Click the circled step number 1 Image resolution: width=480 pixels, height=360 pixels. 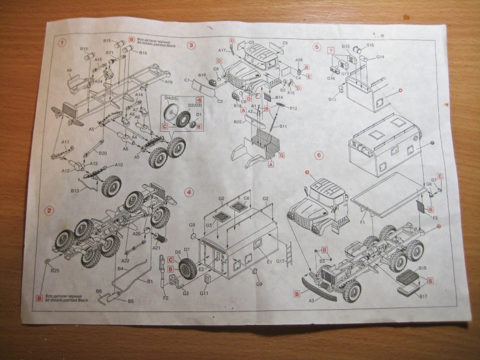tap(63, 43)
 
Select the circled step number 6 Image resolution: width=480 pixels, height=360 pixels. tap(319, 155)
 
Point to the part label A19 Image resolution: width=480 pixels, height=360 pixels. tap(168, 82)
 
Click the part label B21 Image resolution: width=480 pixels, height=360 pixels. tap(109, 53)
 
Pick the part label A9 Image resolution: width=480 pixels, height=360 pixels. tap(70, 70)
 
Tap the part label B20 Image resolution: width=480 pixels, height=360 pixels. tap(102, 153)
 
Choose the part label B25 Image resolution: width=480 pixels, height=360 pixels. tap(55, 270)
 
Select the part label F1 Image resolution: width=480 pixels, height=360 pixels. tap(362, 222)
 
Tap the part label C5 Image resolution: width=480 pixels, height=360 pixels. tap(285, 43)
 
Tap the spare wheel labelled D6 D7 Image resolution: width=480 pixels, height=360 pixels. tap(185, 268)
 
